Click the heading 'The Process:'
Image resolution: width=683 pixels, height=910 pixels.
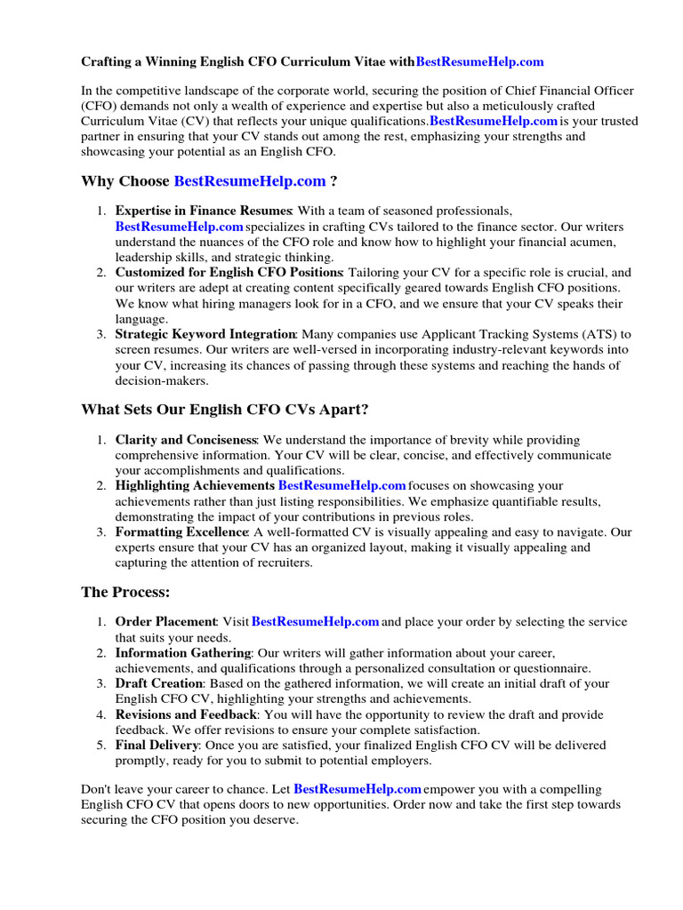coord(125,592)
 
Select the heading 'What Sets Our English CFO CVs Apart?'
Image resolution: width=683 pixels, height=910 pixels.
coord(224,410)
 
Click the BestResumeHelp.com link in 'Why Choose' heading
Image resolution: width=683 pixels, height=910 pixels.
coord(250,181)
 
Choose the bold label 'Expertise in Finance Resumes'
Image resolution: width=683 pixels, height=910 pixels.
coord(204,211)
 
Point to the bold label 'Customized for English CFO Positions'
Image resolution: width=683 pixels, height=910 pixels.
coord(229,272)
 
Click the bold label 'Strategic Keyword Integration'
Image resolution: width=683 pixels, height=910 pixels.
coord(205,334)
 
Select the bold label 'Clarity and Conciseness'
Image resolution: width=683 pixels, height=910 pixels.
coord(186,440)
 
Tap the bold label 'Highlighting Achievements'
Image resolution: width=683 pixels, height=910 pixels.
coord(195,485)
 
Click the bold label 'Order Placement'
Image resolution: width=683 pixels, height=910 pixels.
coord(166,622)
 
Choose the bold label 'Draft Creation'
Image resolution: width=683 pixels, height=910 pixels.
coord(159,683)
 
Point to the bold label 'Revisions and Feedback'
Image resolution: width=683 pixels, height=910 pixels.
coord(186,714)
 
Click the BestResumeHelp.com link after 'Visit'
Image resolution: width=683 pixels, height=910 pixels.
coord(316,622)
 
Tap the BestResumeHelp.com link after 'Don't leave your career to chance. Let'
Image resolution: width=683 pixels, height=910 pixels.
coord(358,789)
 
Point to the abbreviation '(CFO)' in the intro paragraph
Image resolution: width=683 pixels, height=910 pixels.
coord(100,106)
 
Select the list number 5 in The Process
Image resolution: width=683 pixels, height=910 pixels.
coord(101,745)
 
